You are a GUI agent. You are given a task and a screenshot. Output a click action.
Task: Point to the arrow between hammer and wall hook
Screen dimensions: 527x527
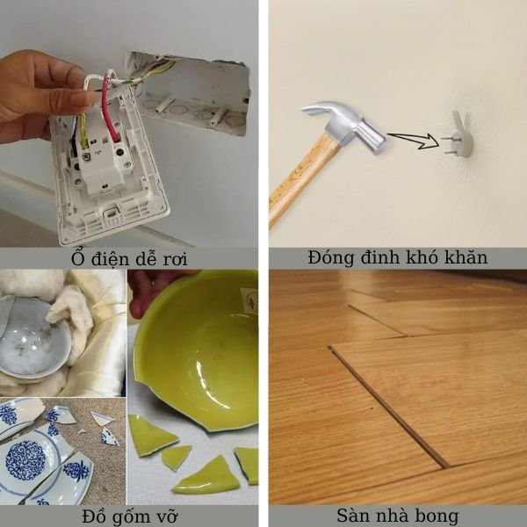[414, 141]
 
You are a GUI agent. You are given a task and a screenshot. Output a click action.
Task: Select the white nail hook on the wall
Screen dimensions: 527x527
[458, 134]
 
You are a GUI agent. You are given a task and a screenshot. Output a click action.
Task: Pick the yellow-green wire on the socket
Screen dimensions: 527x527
[83, 130]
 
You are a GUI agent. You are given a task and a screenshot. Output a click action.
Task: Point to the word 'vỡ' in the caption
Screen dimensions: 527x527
[165, 516]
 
